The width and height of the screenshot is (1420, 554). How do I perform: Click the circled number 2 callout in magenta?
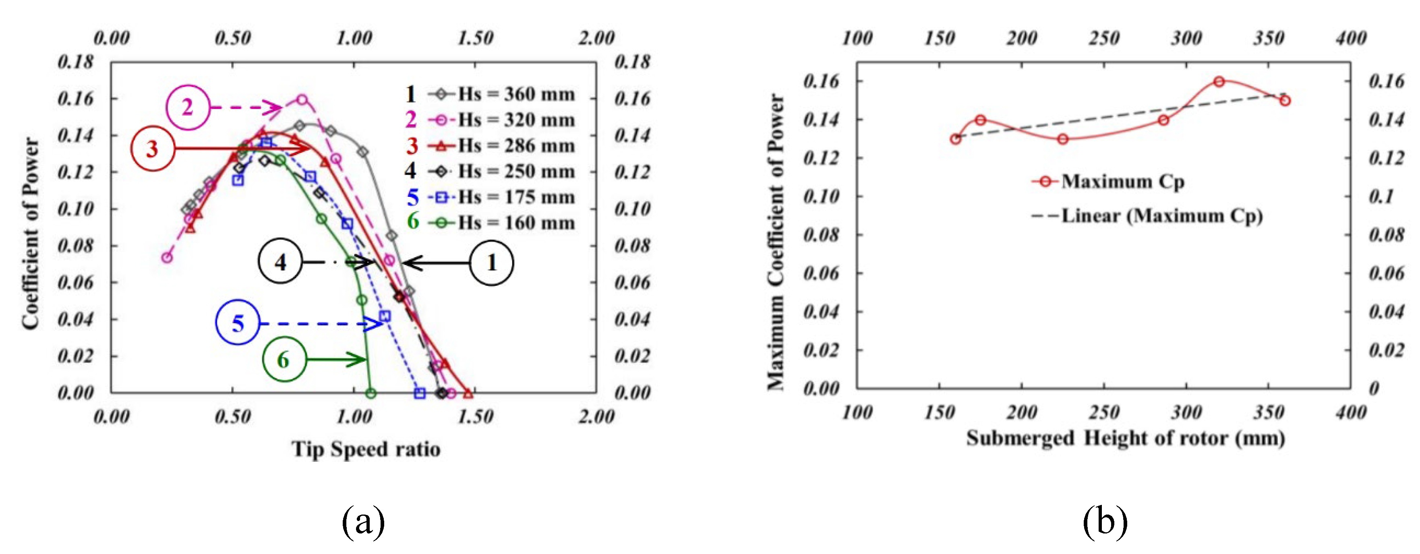coord(188,107)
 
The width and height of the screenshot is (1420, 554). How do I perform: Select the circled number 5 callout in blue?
coord(238,324)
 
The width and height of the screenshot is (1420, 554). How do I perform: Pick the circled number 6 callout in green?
coord(284,360)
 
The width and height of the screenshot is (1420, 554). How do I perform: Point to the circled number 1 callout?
coord(491,263)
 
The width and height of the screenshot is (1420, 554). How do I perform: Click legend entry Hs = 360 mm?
coord(515,94)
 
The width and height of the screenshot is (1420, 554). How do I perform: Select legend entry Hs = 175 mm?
coord(515,197)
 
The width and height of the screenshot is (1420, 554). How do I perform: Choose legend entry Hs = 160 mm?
coord(515,223)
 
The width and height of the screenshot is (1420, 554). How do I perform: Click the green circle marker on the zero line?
coord(371,393)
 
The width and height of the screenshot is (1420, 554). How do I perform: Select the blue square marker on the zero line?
coord(420,393)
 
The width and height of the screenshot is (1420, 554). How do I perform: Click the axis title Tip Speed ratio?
coord(366,449)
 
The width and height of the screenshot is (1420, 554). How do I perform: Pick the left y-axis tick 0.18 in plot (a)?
coord(76,62)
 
